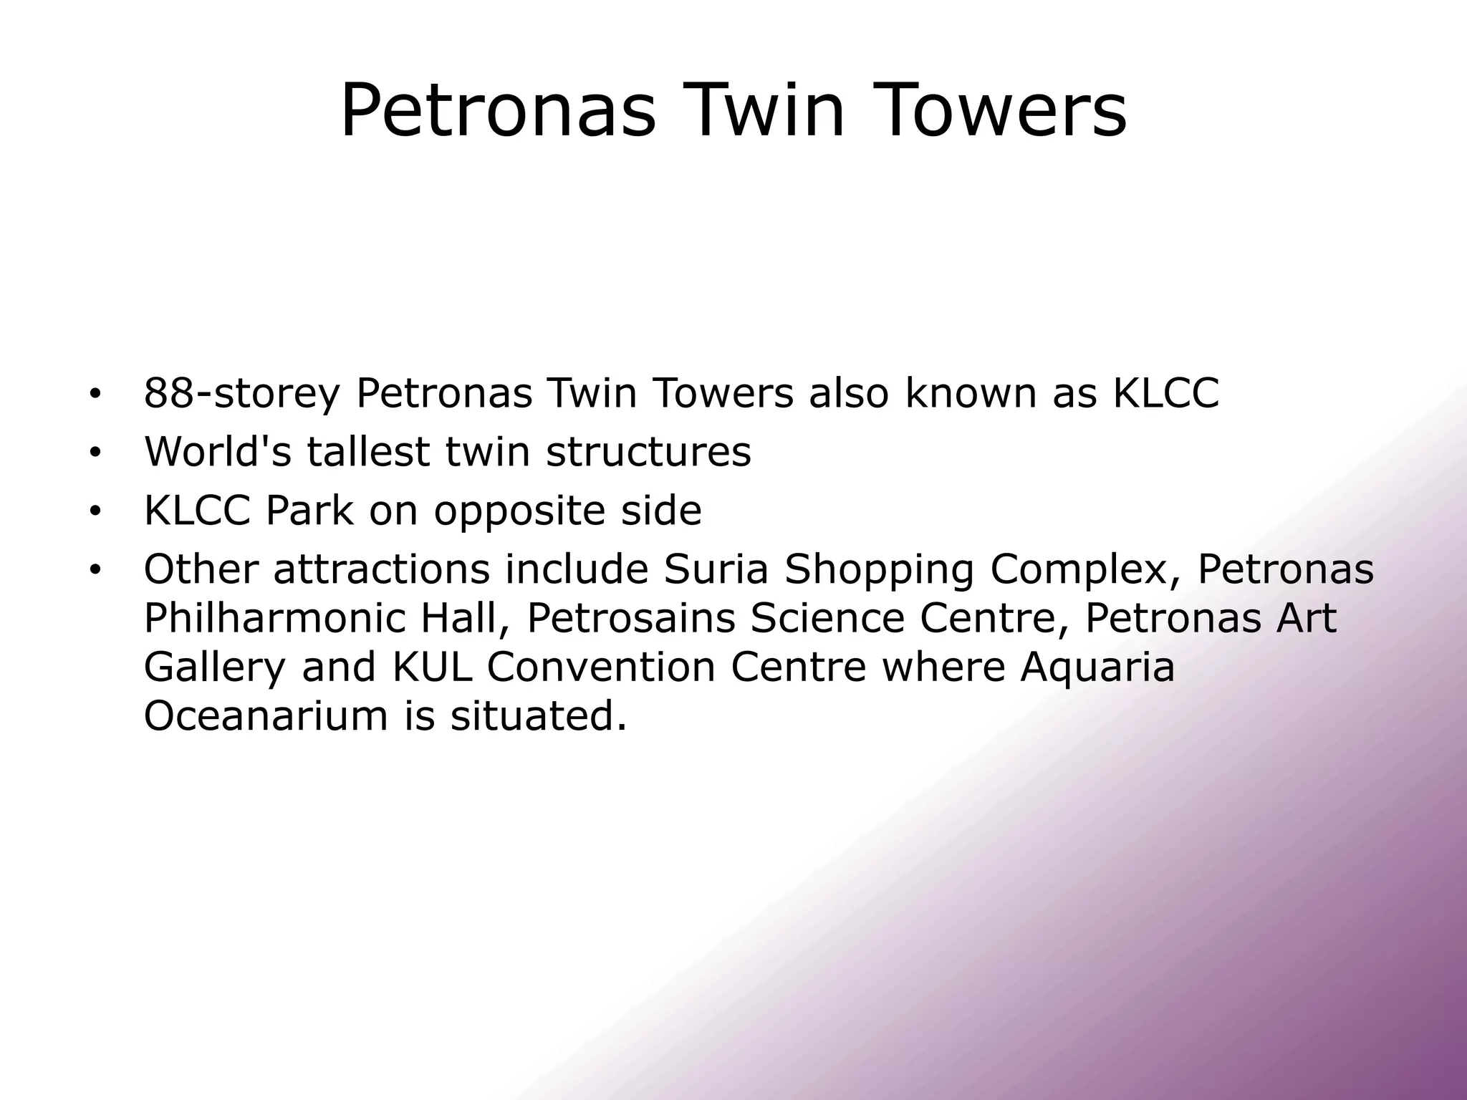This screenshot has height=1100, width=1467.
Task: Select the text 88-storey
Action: [x=241, y=393]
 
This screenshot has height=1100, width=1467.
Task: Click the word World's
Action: [x=218, y=451]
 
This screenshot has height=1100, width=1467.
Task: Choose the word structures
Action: [x=648, y=451]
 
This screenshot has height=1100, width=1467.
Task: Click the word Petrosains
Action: [x=631, y=618]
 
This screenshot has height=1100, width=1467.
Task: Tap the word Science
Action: [x=827, y=618]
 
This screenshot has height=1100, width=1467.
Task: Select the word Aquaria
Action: [x=1097, y=667]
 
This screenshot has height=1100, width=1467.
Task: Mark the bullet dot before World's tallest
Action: [x=94, y=453]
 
